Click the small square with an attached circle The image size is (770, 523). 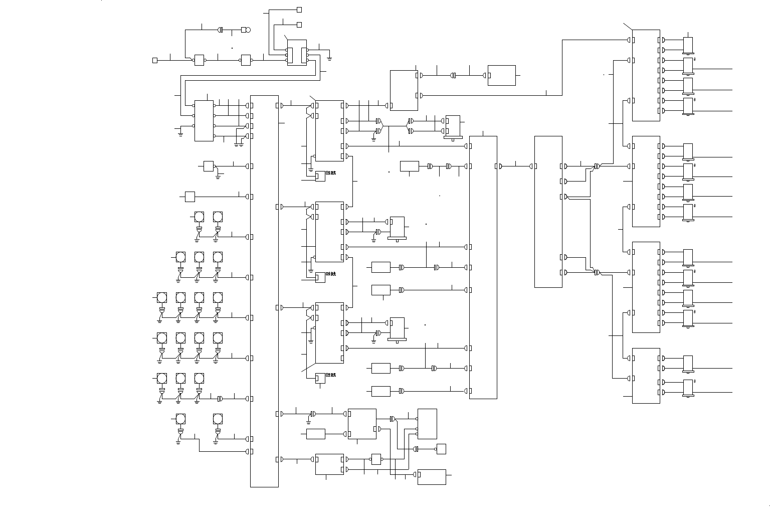click(x=246, y=30)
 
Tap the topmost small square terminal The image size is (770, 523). click(x=299, y=10)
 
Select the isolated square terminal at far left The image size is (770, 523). click(x=155, y=60)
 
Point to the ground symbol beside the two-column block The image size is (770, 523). click(x=329, y=59)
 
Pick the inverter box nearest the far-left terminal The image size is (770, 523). click(x=199, y=60)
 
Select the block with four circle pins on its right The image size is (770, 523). click(x=204, y=121)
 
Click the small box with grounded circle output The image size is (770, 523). click(x=209, y=166)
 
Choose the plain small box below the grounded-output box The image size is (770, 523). click(x=189, y=197)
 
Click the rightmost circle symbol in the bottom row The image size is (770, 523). click(x=218, y=419)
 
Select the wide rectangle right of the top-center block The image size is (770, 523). click(x=501, y=75)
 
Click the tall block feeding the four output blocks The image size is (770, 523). click(x=548, y=212)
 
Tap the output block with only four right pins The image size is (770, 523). click(x=646, y=376)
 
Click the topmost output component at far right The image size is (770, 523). click(x=688, y=45)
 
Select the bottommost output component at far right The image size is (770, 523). click(x=688, y=388)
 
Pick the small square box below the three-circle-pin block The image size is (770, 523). click(x=441, y=449)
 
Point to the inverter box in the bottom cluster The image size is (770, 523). click(x=376, y=459)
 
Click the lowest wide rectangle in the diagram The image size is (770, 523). click(x=432, y=477)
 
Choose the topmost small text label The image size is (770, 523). click(x=331, y=173)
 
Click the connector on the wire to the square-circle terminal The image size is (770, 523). click(x=221, y=30)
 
